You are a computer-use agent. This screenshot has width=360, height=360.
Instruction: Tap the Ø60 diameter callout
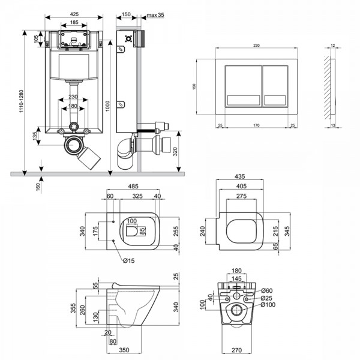click(x=267, y=291)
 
